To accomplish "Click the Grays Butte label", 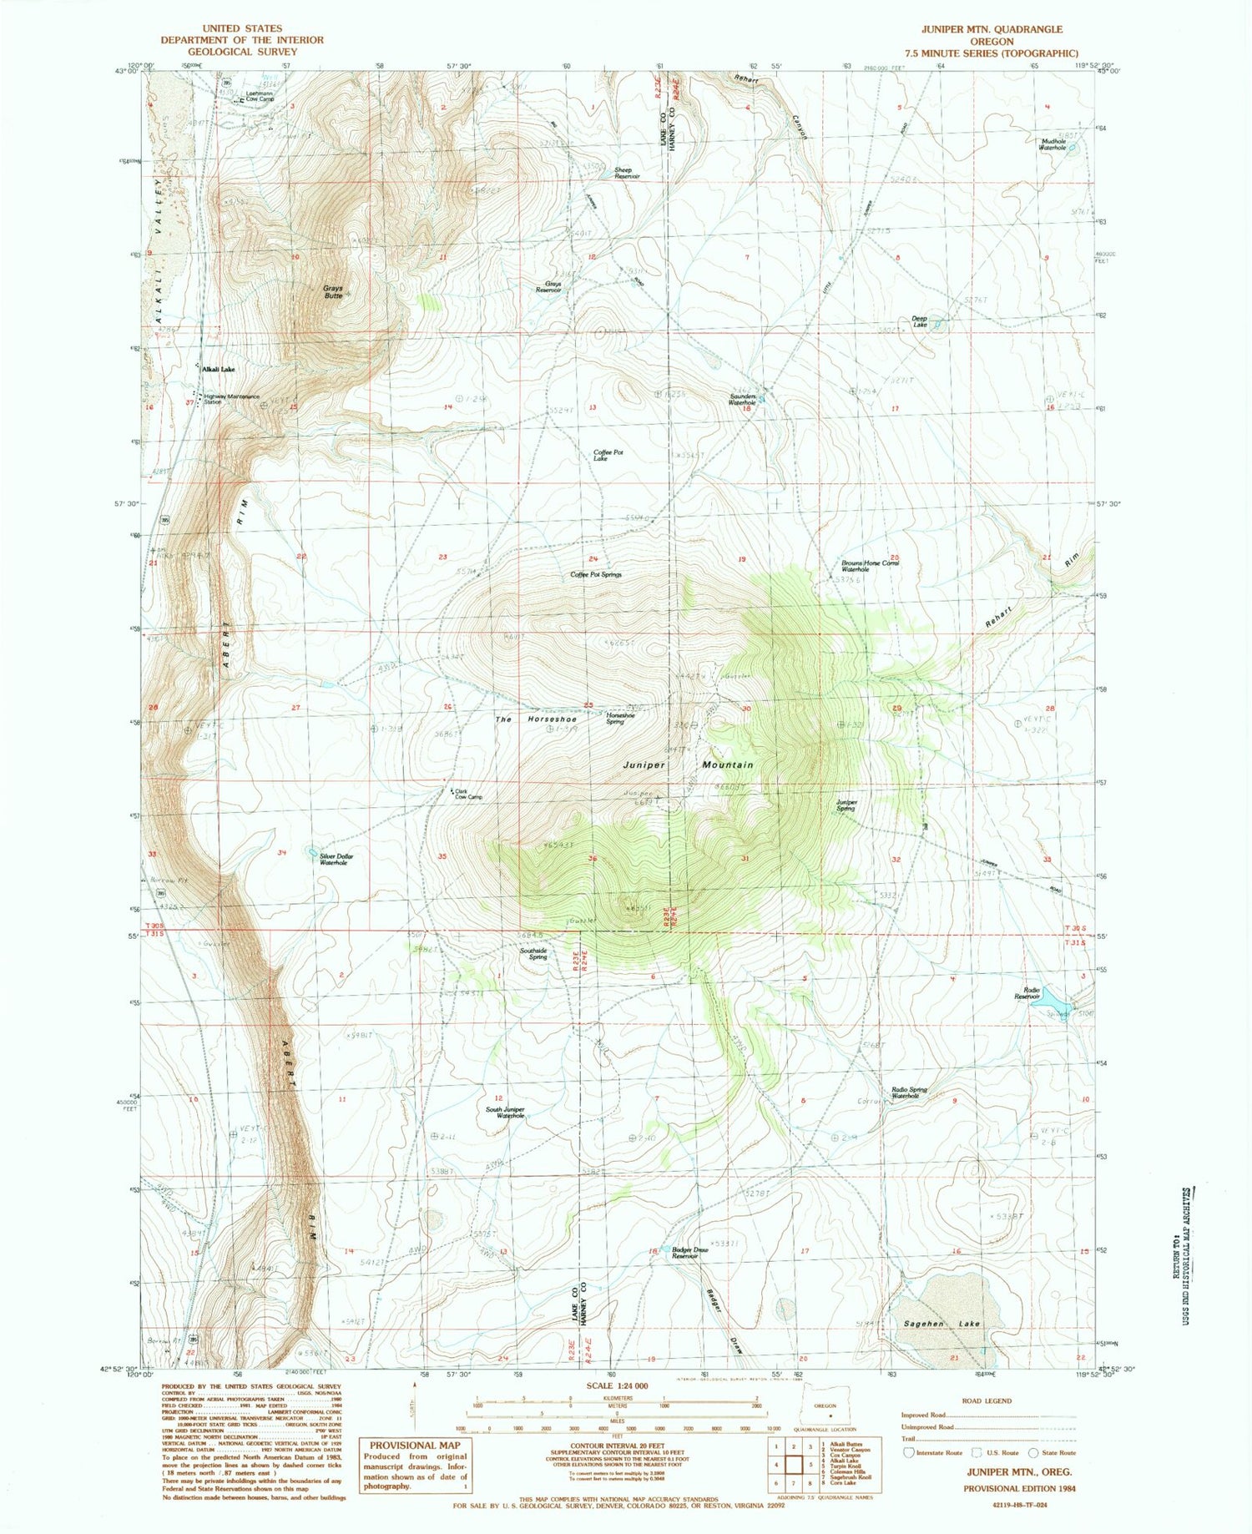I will (x=333, y=292).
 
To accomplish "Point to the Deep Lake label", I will (x=919, y=321).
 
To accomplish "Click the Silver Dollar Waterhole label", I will (x=333, y=859).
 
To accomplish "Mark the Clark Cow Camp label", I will (x=468, y=795).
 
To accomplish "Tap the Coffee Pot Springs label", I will (x=596, y=575).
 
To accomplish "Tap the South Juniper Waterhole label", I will (x=506, y=1112).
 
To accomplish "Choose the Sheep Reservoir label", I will (x=627, y=173).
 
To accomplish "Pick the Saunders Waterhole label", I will (x=742, y=399).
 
